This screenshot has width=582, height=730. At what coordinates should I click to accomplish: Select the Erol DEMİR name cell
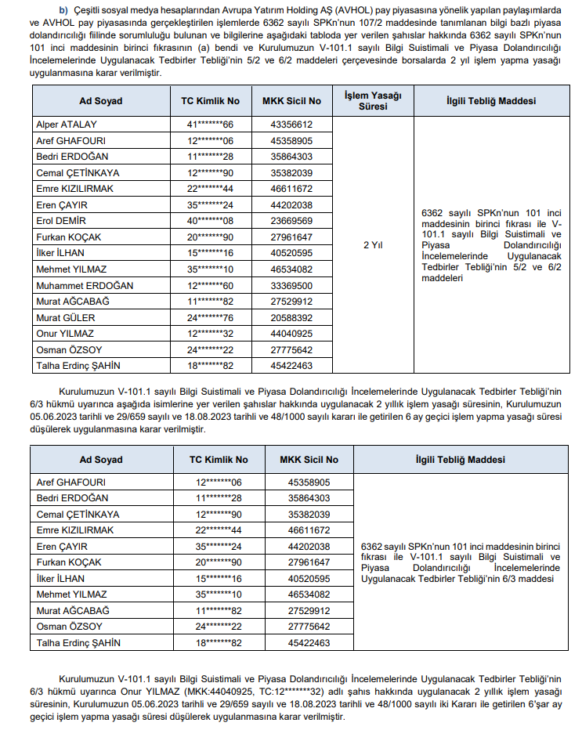61,220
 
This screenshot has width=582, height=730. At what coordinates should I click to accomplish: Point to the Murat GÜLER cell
65,317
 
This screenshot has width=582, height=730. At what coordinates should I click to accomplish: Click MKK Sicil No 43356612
291,124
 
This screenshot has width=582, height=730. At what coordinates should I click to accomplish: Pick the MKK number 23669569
291,220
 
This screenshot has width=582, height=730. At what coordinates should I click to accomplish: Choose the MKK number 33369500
291,285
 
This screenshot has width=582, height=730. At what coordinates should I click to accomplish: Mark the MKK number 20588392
291,317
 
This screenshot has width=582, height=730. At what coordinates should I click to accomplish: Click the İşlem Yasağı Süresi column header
373,101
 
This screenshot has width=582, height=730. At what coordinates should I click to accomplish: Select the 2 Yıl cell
373,244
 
